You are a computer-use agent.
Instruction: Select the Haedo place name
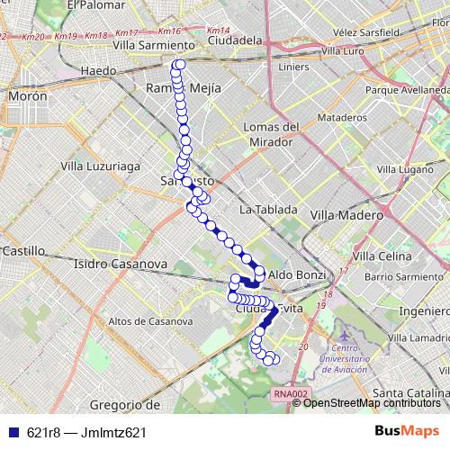(x=98, y=70)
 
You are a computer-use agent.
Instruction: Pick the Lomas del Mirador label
(x=271, y=134)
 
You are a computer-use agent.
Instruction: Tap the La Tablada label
(x=268, y=209)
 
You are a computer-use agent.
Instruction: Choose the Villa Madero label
(x=346, y=214)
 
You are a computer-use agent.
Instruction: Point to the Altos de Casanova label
(x=150, y=320)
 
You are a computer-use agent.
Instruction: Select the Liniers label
(x=293, y=67)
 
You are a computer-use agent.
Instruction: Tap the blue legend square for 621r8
(x=11, y=433)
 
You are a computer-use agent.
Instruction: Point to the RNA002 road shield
(x=291, y=393)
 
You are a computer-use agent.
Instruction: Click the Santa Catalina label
(x=409, y=393)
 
